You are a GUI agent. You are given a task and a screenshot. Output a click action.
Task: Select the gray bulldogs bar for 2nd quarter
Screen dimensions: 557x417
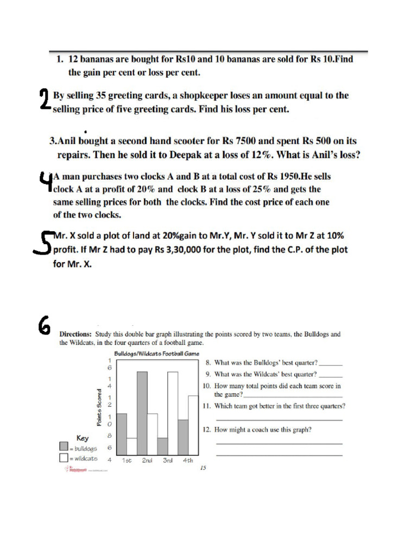[x=142, y=413]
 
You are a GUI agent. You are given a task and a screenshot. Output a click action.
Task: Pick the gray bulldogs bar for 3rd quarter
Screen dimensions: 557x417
[x=162, y=446]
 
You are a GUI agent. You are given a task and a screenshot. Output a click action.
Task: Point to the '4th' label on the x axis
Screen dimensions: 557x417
[x=187, y=460]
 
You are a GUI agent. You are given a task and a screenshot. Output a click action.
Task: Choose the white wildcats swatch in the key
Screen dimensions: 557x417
[x=64, y=457]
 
